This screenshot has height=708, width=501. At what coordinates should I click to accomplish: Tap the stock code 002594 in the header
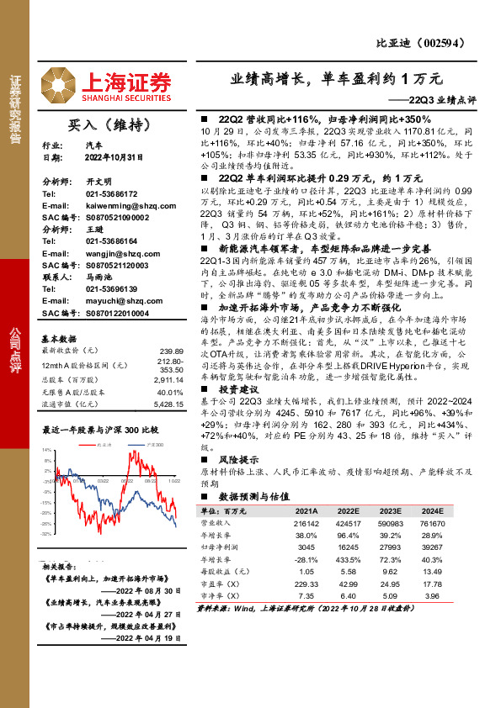[x=440, y=45]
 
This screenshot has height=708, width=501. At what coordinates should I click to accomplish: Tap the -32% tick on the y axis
[x=45, y=533]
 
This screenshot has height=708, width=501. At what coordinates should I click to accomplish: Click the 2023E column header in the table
[x=391, y=510]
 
